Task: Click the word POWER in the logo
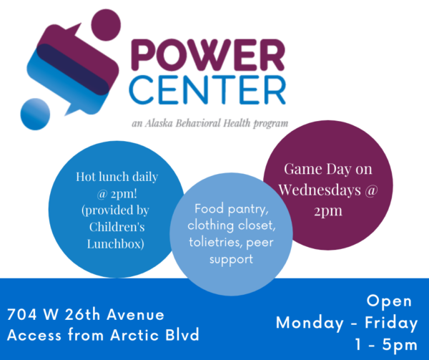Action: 208,55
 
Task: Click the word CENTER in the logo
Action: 207,89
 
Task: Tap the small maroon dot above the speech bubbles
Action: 106,25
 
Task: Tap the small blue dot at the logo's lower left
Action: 35,114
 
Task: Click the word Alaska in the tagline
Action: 159,123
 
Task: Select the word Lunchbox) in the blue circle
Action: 115,243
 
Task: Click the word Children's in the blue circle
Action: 117,227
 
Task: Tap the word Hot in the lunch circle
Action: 83,177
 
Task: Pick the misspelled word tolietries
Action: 215,243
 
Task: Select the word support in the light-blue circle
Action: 231,260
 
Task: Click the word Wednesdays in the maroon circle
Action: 320,190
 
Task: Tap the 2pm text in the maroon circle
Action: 328,211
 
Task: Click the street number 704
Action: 22,314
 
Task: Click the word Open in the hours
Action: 389,301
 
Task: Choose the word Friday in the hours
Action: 391,323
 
